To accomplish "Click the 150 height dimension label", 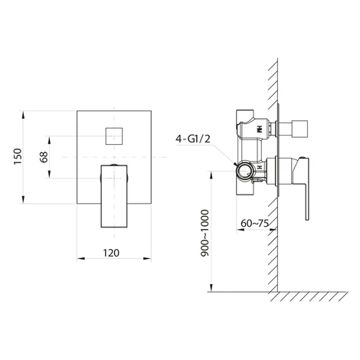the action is (18, 156).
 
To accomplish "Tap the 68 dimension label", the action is (44, 157).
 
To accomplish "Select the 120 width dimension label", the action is (111, 253).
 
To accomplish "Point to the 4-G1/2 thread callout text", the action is (193, 139).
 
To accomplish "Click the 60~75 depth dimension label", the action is (254, 224).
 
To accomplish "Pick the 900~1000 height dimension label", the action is (205, 233).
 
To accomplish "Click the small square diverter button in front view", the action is (114, 136).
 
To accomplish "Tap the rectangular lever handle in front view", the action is (114, 196).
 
